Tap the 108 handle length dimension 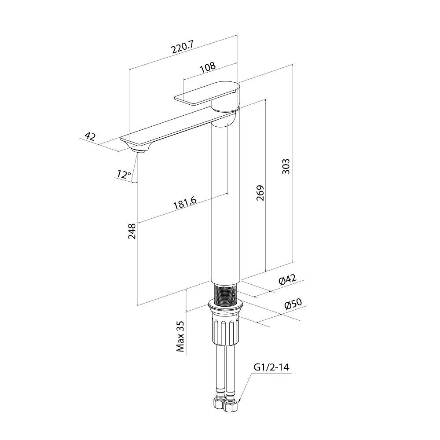point(208,67)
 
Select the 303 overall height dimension point(286,166)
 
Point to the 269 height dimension point(260,193)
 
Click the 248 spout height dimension point(132,231)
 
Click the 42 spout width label point(90,137)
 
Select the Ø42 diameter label point(287,279)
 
